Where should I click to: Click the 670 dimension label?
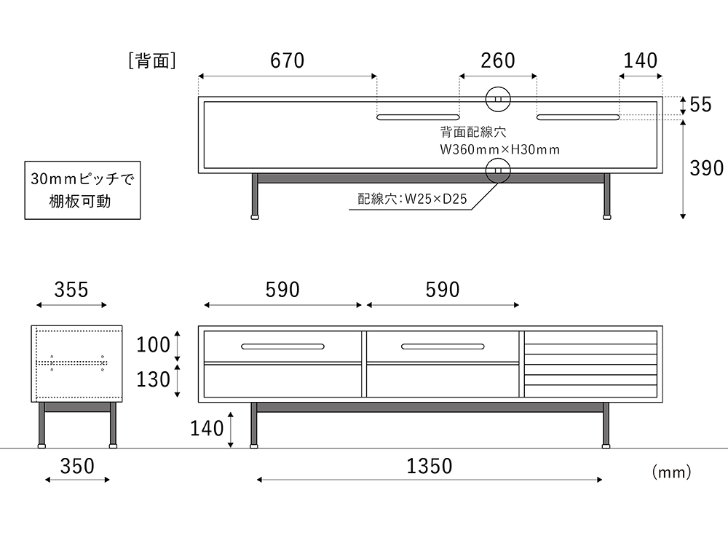coord(287,61)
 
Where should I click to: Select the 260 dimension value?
coord(498,61)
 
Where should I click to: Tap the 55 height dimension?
coord(700,105)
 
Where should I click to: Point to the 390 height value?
coord(707,169)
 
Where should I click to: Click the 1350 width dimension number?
coord(430,467)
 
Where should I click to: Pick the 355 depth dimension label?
coord(71,290)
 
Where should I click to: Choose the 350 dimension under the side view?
coord(77,467)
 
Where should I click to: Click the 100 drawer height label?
coord(153,344)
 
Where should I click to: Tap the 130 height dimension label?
coord(153,380)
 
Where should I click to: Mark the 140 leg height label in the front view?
coord(207,429)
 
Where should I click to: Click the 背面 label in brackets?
coord(151,62)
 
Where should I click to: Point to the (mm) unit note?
coord(671,473)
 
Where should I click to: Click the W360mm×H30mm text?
coord(499,150)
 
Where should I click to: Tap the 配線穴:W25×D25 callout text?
coord(412,199)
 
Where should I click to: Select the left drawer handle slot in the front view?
coord(283,345)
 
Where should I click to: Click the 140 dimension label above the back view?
coord(641,61)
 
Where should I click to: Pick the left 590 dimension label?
coord(282,290)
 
